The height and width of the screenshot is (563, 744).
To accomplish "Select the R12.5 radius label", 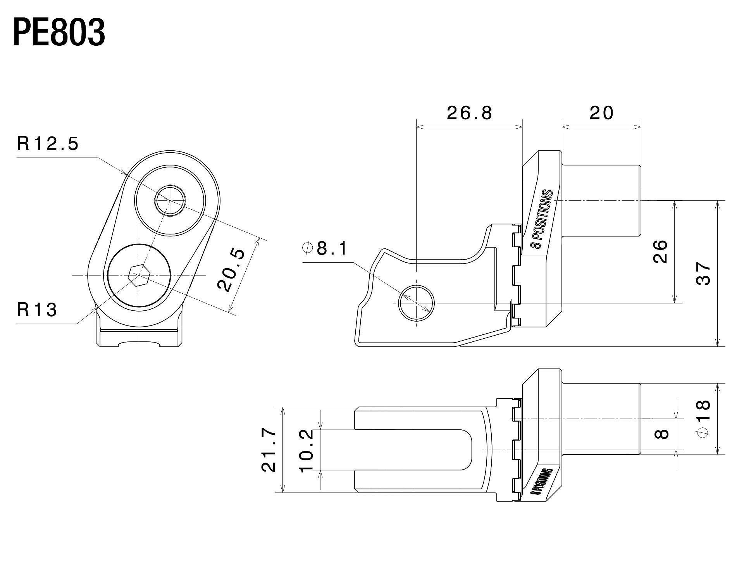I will [48, 144].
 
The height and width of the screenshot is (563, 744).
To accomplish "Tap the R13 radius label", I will [37, 310].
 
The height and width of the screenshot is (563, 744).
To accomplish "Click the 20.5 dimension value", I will [231, 270].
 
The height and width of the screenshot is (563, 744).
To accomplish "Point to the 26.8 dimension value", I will [469, 113].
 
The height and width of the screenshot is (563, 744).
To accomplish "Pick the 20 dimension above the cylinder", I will [601, 113].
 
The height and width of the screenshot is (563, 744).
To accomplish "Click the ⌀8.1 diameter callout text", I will [325, 248].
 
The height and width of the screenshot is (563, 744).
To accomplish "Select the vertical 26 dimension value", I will [660, 252].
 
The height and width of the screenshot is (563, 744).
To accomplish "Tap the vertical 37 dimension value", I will [703, 274].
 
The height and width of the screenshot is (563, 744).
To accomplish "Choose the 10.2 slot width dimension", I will [306, 450].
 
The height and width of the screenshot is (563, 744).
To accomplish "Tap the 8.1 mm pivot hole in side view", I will [417, 303].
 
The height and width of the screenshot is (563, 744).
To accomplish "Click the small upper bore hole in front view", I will [170, 200].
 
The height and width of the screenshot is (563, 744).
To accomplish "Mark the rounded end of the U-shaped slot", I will [467, 449].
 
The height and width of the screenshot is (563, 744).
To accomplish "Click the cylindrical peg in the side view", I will [601, 200].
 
